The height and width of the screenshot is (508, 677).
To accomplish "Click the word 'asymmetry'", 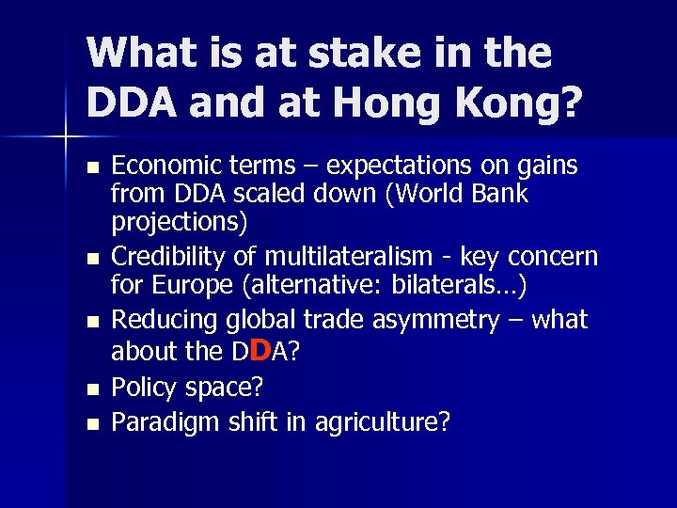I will tap(442, 320).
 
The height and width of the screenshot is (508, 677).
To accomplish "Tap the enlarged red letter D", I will tap(263, 350).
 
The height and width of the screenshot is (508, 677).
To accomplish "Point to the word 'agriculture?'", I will tap(386, 422).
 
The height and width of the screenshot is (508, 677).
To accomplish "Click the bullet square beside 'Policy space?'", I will tap(90, 389).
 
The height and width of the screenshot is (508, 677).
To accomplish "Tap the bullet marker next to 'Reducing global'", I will tap(90, 321).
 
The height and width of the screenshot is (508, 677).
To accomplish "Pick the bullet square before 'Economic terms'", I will tap(90, 167).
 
